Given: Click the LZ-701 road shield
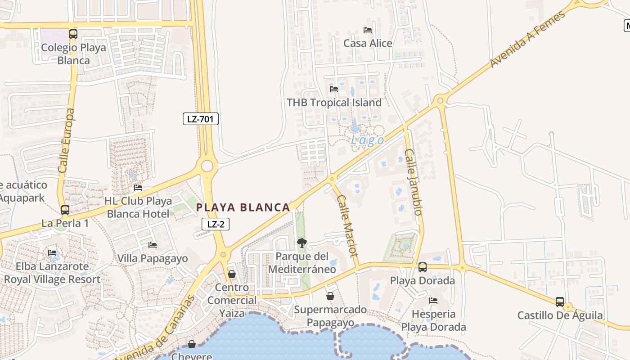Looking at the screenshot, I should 201,119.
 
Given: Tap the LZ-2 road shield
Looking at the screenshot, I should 216,224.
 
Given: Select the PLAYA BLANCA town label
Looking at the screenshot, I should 243,207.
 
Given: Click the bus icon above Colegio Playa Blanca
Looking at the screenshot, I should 73,34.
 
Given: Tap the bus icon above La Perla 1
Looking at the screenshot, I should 65,210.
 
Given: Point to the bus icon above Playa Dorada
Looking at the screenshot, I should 423,267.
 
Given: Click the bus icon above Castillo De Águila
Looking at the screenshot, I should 560,302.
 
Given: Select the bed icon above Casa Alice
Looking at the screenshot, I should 368,30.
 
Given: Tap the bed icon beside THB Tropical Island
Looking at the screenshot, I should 334,89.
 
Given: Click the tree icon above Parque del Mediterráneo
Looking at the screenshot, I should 301,243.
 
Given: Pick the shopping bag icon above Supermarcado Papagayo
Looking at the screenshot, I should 330,296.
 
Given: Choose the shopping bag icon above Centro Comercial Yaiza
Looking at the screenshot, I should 232,274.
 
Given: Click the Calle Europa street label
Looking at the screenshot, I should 67,140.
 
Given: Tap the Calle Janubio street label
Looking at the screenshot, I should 413,182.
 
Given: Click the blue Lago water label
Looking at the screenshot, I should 368,140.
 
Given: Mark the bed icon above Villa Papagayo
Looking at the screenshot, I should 153,245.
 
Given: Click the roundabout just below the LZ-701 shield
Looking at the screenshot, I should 207,166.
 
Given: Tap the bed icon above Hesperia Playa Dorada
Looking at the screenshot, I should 433,301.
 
